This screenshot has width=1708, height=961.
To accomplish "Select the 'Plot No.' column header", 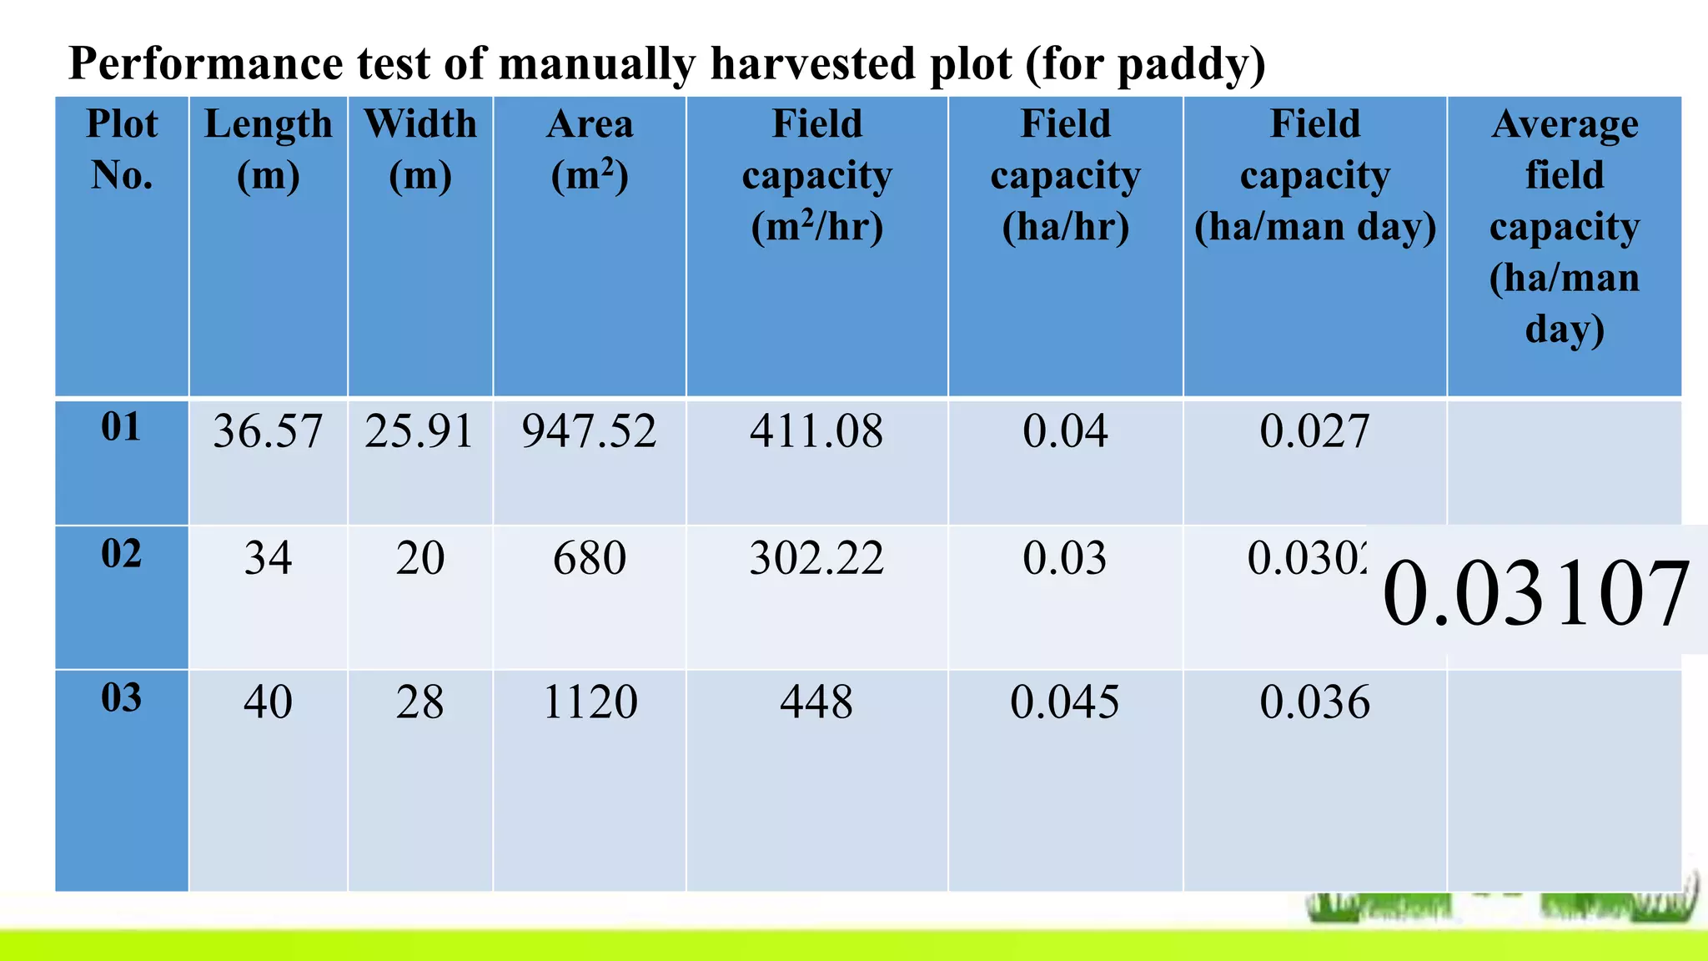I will [122, 150].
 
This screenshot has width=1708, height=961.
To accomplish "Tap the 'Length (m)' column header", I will [268, 150].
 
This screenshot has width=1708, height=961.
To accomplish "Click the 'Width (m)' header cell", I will [420, 150].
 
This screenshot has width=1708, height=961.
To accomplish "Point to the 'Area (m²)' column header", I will [590, 150].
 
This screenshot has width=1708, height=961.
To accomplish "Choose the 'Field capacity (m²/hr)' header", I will [816, 175].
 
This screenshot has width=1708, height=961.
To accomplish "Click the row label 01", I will [122, 427].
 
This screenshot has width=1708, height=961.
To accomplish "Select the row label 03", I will [122, 698].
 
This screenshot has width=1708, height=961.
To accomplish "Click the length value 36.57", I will [268, 432].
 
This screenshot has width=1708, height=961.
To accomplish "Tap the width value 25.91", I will [419, 432].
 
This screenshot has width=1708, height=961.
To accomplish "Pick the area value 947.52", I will [589, 432].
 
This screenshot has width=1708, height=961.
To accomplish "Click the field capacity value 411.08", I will [816, 432].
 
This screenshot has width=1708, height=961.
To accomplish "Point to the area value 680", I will [589, 558].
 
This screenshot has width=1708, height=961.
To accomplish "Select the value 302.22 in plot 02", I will [816, 558].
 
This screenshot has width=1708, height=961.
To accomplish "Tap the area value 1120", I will [590, 702].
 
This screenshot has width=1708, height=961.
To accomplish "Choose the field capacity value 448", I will [816, 702].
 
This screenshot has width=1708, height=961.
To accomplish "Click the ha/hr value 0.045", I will [1065, 702].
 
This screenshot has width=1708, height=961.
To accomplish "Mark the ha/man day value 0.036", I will [1314, 702].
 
